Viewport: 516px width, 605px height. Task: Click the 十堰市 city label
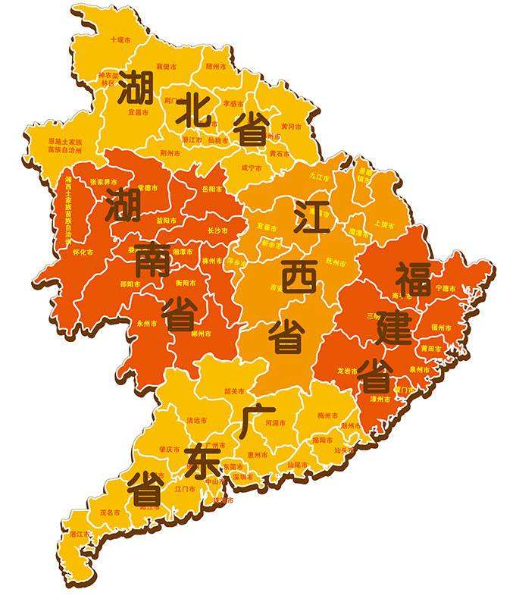[120, 39]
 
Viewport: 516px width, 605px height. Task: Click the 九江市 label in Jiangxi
[319, 177]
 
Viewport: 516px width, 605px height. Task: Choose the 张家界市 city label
[103, 182]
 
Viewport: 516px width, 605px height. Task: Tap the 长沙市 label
[217, 230]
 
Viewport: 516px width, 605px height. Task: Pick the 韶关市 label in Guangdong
[235, 391]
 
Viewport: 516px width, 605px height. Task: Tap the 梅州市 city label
[327, 415]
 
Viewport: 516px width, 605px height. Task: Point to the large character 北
[192, 113]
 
